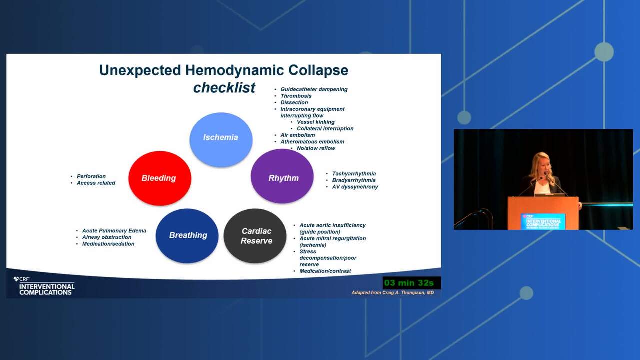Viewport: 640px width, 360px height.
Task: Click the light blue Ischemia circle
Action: point(221,139)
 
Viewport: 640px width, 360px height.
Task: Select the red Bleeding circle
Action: point(160,178)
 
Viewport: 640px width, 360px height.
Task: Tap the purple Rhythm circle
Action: point(282,176)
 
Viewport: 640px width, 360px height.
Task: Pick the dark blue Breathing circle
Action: point(187,236)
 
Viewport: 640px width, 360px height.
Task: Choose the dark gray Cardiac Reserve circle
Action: point(255,236)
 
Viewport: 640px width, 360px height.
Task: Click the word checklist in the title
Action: point(224,87)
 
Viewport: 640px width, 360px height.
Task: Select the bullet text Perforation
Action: point(91,176)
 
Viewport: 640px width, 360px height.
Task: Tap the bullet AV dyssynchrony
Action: point(355,187)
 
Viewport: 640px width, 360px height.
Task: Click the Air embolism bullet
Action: point(297,135)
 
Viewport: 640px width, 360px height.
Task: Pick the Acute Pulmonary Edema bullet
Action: point(114,231)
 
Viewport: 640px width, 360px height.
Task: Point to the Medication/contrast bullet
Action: point(325,271)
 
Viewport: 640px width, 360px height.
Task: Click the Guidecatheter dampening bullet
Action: point(314,89)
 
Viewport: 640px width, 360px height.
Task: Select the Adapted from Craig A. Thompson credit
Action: point(393,293)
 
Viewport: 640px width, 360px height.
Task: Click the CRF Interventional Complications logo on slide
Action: point(44,286)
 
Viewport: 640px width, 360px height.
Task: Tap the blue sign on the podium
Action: point(543,221)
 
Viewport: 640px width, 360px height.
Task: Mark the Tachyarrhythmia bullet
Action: point(354,173)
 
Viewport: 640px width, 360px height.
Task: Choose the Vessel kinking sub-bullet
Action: point(315,122)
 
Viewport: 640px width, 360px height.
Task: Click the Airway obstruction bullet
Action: point(107,237)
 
